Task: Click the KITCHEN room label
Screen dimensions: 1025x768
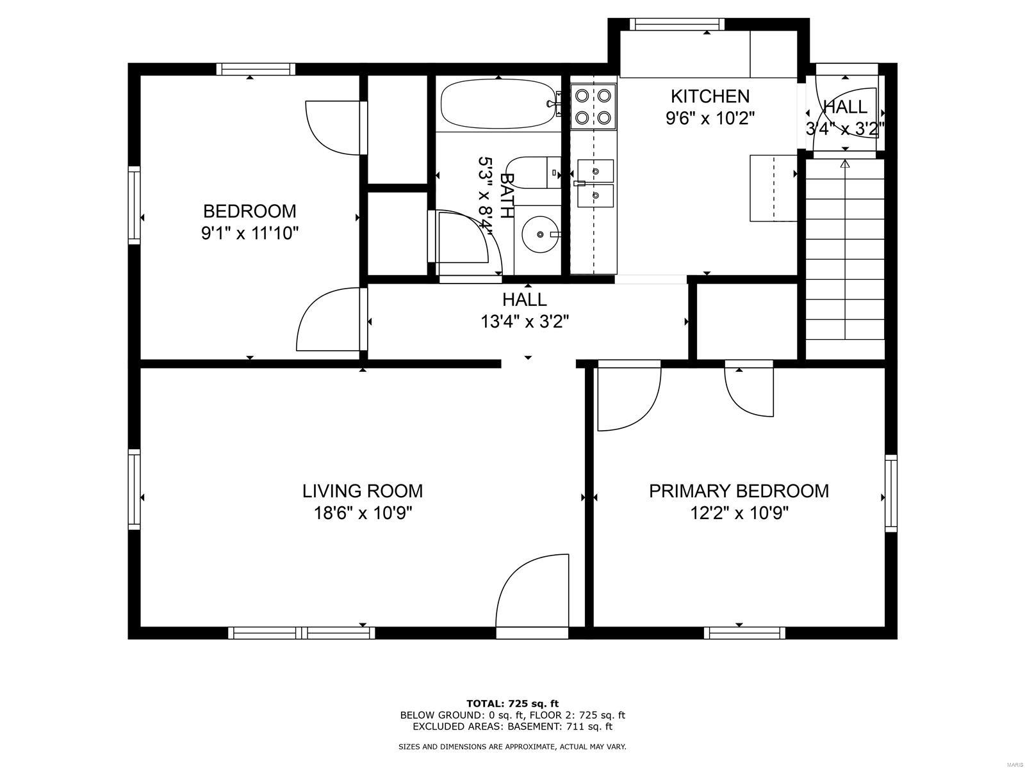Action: coord(710,97)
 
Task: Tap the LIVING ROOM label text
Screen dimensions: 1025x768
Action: coord(363,491)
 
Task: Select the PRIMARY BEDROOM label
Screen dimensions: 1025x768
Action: coord(739,491)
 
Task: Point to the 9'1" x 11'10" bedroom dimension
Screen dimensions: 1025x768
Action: coord(250,233)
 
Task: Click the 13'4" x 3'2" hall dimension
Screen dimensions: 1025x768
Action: coord(525,322)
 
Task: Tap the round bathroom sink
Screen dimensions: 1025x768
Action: coord(540,234)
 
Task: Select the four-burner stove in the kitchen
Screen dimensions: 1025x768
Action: coord(593,106)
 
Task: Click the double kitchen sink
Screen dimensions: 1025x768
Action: coord(595,183)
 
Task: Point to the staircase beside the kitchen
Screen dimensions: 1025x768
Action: coord(845,259)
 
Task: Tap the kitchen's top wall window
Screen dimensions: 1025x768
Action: coord(676,24)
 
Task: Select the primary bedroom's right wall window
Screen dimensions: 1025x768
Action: coord(891,493)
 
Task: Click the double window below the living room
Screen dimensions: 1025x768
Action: coord(302,633)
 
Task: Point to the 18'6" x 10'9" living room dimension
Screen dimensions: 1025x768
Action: coord(363,513)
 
